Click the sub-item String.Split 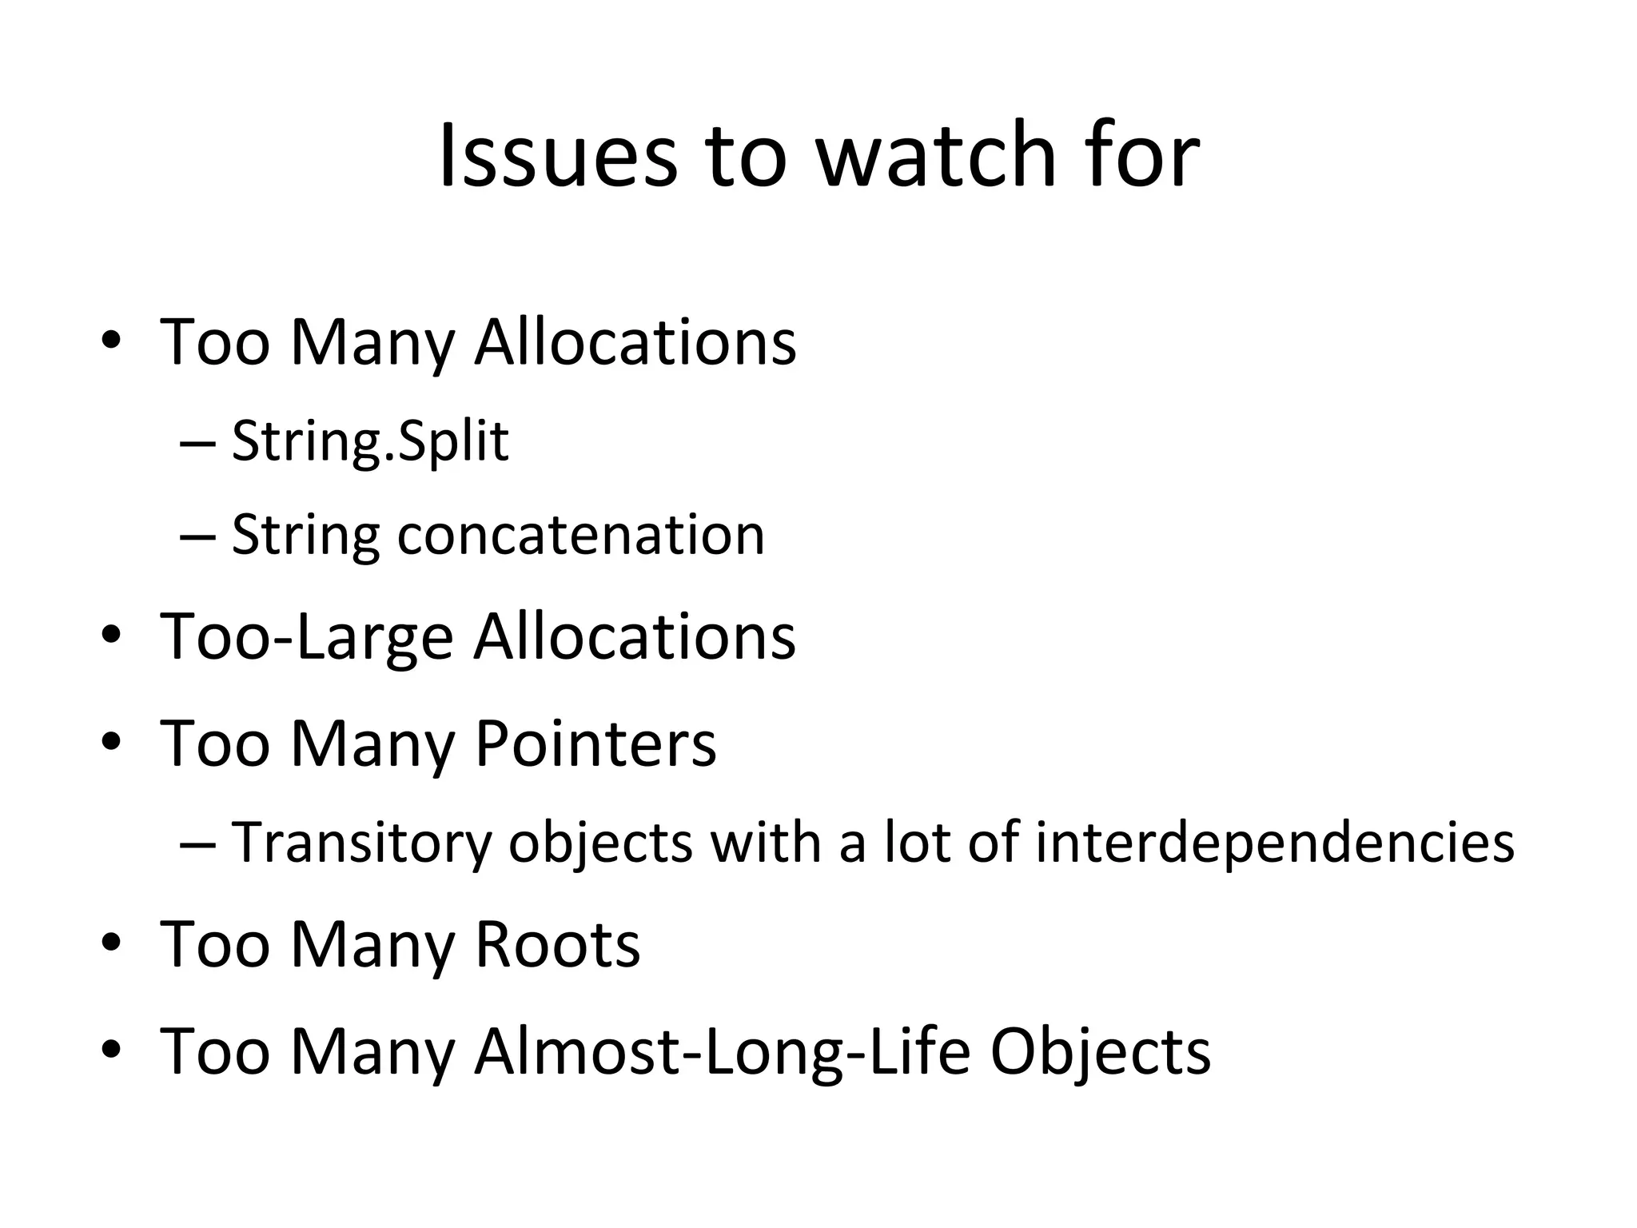(370, 441)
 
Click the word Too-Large (307, 637)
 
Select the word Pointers (595, 744)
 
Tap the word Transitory (362, 843)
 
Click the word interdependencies (1275, 843)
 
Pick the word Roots (558, 945)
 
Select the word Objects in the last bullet (1101, 1052)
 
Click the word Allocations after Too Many (635, 342)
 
